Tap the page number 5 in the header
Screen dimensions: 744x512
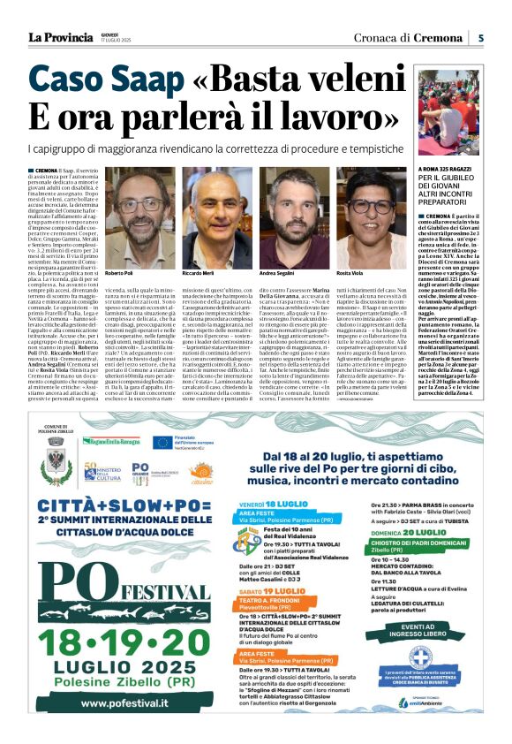click(480, 38)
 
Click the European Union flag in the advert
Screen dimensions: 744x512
click(162, 442)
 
